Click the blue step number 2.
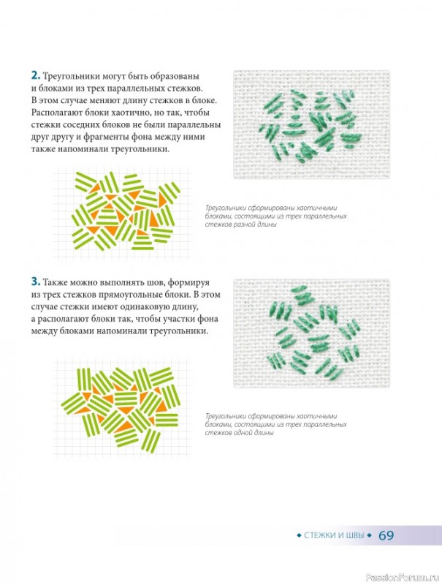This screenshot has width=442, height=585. point(36,76)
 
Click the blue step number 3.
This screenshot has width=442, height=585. point(36,282)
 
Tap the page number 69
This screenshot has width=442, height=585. point(386,535)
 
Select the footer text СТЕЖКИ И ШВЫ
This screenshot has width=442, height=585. point(335,535)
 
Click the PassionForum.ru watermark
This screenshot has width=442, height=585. point(403,578)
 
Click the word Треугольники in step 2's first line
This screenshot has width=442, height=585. point(71,77)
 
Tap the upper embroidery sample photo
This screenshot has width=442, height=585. point(311,124)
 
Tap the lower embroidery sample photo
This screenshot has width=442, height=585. point(311,333)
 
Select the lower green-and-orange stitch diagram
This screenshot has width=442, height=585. point(121,409)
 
